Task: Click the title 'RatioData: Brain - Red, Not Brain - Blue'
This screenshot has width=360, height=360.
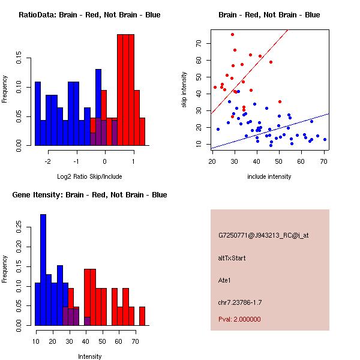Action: coord(89,15)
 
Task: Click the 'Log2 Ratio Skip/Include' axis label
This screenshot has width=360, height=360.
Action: coord(89,176)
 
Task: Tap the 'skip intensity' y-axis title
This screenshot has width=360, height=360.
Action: coord(184,90)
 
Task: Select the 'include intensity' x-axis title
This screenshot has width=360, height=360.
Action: coord(269,176)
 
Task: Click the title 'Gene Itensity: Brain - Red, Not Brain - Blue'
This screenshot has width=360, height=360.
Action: coord(89,195)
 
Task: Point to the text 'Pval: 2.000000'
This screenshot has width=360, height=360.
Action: coord(240,319)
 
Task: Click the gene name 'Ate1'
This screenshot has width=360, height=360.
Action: coord(225,280)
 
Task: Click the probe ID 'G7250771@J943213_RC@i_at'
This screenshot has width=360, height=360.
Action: coord(263,236)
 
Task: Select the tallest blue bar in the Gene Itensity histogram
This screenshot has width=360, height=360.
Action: coord(43,269)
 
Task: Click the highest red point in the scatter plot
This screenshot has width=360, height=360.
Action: coord(232,34)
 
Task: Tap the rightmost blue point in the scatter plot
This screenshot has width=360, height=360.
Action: coord(325,139)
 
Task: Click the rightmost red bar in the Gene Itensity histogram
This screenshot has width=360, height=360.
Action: coord(142,316)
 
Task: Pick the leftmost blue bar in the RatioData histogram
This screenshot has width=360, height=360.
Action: coord(38,113)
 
